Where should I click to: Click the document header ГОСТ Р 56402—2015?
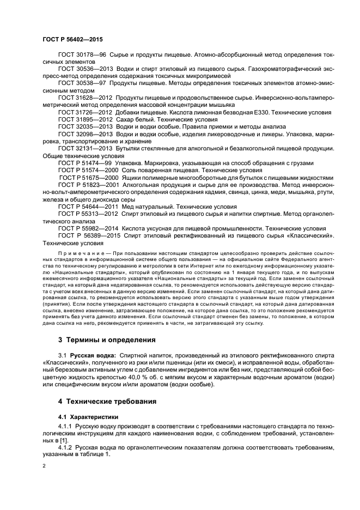tap(72, 40)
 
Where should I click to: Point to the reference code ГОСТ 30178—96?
tap(82, 56)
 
